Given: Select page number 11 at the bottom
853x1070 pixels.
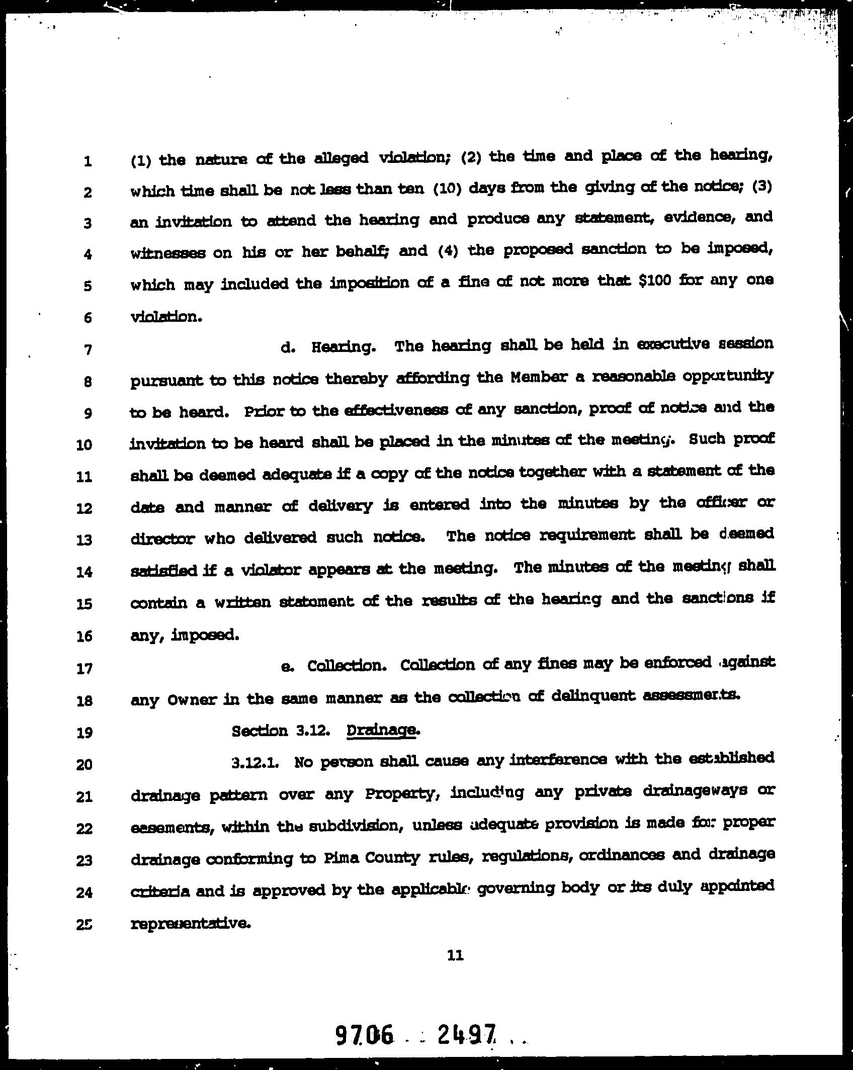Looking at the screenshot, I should click(x=455, y=955).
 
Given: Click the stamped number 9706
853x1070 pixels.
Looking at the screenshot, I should click(x=364, y=1034).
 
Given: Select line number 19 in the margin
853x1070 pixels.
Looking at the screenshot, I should click(x=84, y=733).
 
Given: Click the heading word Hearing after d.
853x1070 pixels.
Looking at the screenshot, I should click(x=343, y=347).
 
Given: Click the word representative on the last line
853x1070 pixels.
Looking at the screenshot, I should click(x=191, y=924).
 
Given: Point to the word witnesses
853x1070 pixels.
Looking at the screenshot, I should click(x=167, y=253).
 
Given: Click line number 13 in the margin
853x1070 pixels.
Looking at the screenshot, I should click(x=84, y=540).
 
